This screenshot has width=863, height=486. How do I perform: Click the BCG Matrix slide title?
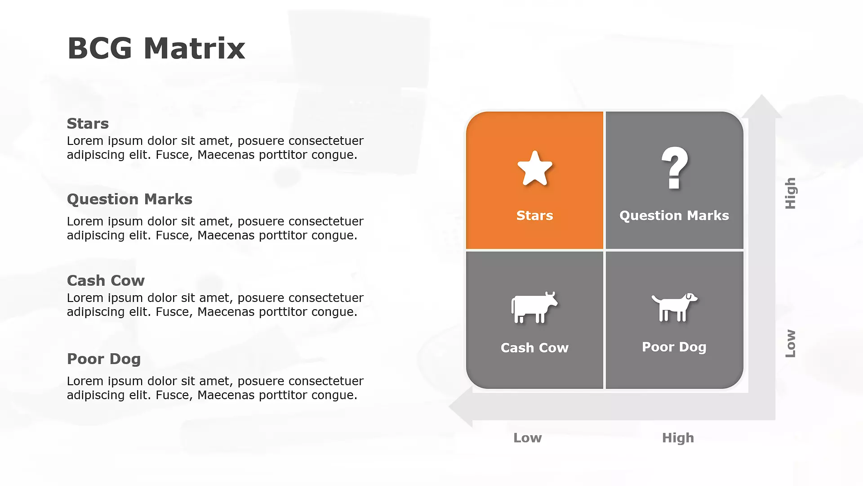click(156, 48)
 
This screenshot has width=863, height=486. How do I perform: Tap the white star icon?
click(535, 168)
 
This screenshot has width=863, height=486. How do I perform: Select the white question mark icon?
click(675, 167)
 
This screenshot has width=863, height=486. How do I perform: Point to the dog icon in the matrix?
click(675, 307)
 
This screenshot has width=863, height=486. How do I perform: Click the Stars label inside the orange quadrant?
click(534, 216)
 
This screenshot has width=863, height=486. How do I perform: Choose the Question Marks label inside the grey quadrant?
click(674, 216)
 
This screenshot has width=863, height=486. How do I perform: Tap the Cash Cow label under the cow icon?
click(534, 348)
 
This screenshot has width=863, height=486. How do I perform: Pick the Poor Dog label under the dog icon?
click(674, 347)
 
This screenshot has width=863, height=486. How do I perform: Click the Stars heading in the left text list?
click(88, 123)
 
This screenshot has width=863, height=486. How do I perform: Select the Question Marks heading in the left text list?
click(129, 199)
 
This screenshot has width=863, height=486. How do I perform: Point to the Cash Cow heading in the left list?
click(106, 280)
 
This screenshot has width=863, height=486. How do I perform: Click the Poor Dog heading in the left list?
click(104, 359)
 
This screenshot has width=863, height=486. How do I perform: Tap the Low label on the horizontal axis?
click(528, 438)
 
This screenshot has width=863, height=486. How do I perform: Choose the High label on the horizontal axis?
click(678, 438)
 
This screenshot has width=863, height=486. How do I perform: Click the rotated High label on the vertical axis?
click(791, 193)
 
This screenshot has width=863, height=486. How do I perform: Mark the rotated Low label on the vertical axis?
click(791, 343)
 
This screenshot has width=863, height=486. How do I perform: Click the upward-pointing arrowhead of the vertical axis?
click(762, 107)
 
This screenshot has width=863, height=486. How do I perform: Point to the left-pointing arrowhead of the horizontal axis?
click(461, 406)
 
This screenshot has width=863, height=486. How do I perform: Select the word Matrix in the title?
click(195, 48)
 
